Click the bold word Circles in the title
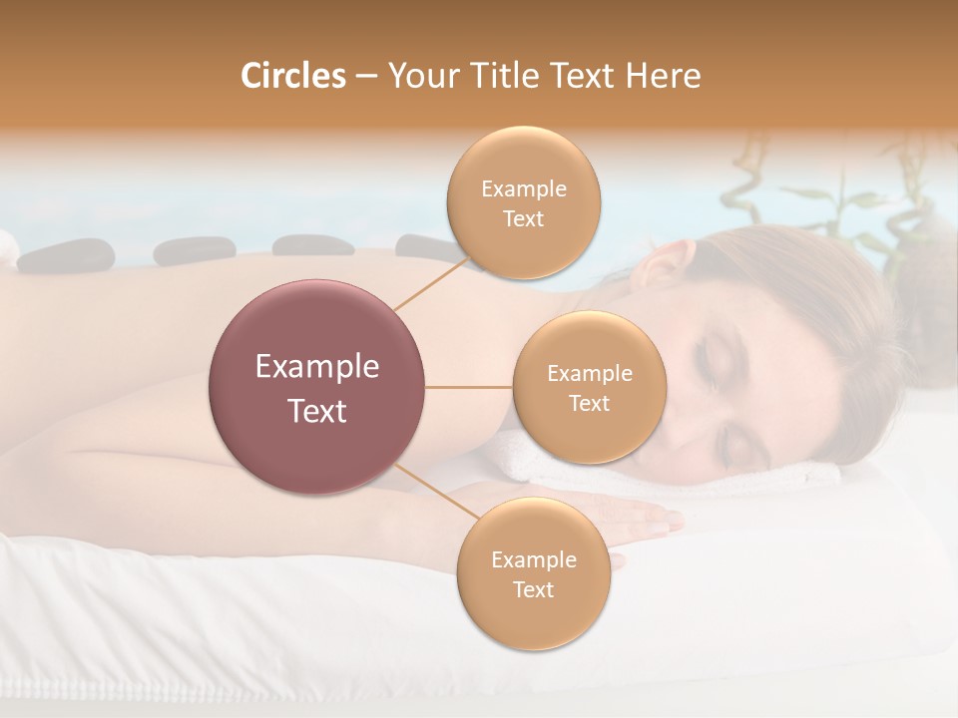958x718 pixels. click(x=293, y=76)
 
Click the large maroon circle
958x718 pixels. click(x=317, y=388)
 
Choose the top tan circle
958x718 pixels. click(x=523, y=203)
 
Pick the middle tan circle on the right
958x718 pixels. click(x=589, y=388)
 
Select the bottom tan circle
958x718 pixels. click(x=533, y=574)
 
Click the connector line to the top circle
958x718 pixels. click(x=431, y=284)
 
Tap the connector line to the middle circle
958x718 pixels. click(x=469, y=387)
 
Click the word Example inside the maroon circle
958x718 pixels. click(x=317, y=367)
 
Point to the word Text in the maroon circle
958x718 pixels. click(x=317, y=411)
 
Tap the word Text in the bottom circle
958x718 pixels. click(x=533, y=589)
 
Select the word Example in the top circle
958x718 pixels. click(x=523, y=189)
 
